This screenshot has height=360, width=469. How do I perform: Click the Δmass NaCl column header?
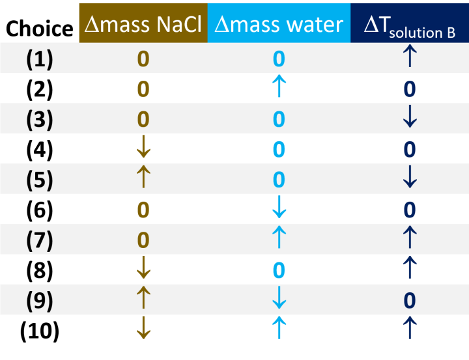[143, 25]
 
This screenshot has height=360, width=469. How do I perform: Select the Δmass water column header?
[279, 25]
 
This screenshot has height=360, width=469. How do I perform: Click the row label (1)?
[39, 59]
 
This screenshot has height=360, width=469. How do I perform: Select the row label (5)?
[39, 179]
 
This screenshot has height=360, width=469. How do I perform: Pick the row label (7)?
[39, 240]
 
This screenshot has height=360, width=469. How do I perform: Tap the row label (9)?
[39, 300]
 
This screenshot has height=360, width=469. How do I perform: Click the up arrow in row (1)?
[409, 59]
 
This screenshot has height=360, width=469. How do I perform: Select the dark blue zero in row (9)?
[409, 300]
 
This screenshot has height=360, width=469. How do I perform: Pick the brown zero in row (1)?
[143, 59]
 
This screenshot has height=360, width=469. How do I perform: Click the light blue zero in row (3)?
[279, 119]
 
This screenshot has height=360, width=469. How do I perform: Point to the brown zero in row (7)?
[143, 240]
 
